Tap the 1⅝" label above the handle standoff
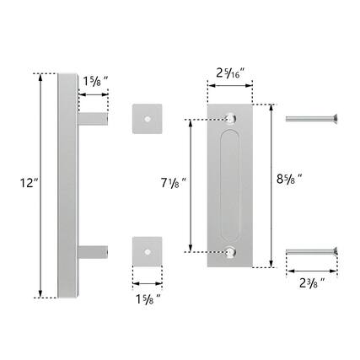(x=94, y=83)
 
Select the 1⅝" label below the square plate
(x=148, y=298)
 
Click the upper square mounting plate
(x=148, y=119)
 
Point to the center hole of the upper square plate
(x=148, y=119)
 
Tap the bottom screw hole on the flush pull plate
(x=230, y=250)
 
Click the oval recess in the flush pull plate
(x=230, y=183)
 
